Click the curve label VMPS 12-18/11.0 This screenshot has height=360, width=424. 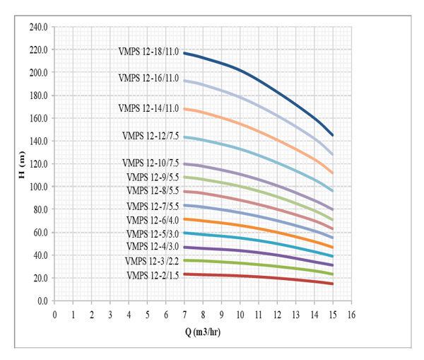pos(148,51)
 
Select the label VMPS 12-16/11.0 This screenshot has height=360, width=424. pos(148,78)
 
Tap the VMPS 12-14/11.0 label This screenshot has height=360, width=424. pos(148,108)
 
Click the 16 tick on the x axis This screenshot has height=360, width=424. pos(351,313)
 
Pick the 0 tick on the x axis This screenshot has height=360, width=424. pos(55,313)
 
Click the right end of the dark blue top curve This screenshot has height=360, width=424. pos(332,135)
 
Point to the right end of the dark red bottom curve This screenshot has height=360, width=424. pos(332,284)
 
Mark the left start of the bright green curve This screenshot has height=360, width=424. pos(184,260)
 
